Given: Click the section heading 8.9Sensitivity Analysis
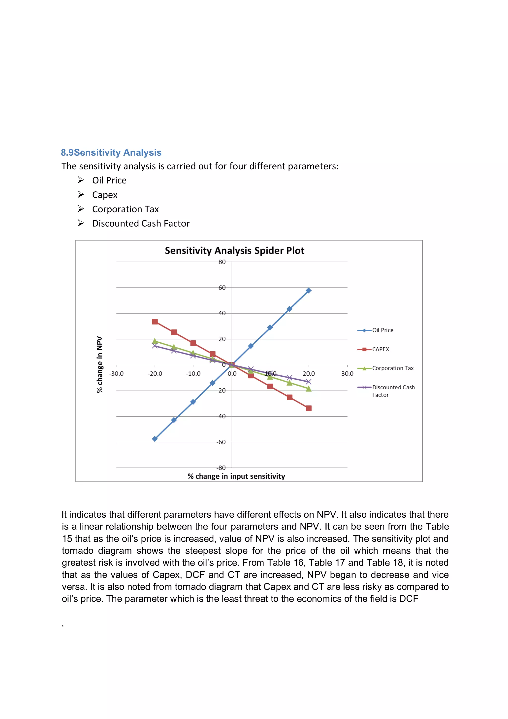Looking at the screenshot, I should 111,152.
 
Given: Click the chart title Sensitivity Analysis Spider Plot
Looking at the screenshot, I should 234,251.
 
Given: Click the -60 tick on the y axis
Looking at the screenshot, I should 221,442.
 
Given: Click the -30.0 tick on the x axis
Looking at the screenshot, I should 116,374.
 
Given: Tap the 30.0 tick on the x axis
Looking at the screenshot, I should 347,374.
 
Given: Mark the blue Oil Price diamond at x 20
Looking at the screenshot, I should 308,291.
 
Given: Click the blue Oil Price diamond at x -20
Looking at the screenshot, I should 155,439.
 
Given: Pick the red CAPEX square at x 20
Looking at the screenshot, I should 308,408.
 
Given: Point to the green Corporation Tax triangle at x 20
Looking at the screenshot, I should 308,389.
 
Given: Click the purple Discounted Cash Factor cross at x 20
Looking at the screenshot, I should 308,382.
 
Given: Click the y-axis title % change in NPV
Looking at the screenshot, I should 99,364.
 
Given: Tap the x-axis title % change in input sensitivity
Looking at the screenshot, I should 236,476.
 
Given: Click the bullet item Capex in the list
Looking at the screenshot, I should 105,195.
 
